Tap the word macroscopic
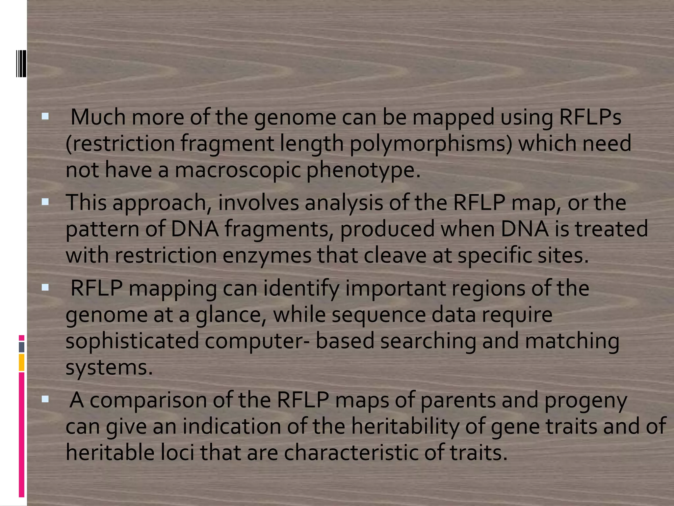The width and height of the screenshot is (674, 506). tap(238, 170)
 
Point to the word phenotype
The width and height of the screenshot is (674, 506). tap(363, 171)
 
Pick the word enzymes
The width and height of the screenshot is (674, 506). tap(267, 256)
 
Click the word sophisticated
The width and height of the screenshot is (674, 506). tap(132, 341)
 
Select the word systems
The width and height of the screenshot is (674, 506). tap(109, 368)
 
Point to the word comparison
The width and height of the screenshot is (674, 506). tap(148, 401)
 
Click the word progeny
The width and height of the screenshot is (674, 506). tap(586, 401)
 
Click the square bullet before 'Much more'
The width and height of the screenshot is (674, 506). tap(45, 116)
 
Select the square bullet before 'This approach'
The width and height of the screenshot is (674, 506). tap(45, 202)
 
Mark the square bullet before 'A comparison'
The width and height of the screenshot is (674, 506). tap(45, 400)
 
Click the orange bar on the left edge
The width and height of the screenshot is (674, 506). tap(22, 362)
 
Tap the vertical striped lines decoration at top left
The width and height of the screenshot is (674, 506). tap(21, 63)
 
